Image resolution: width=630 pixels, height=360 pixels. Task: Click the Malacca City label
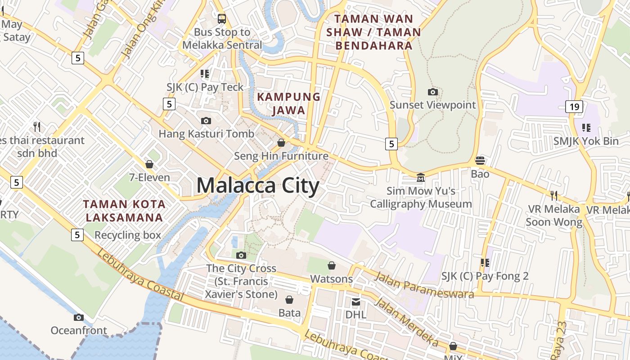coord(258,186)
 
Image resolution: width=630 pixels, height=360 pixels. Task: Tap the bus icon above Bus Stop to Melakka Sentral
coord(222,18)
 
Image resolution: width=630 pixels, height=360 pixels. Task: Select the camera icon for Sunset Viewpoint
coord(432,92)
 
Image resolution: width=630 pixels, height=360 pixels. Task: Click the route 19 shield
coord(574,107)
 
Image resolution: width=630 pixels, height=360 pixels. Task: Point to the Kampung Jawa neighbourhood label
coord(288,103)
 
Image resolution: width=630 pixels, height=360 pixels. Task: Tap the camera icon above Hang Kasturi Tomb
coord(206,121)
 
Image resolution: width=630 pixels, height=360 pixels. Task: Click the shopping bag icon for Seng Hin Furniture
coord(281,143)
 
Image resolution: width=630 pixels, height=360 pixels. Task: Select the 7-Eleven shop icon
coord(149,164)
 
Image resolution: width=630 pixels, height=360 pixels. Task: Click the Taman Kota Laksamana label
coord(124,211)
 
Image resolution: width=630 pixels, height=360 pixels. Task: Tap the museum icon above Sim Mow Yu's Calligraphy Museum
coord(421,178)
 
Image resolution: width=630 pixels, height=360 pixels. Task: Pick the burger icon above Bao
coord(480,161)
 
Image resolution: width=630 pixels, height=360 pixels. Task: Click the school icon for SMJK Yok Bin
coord(586,128)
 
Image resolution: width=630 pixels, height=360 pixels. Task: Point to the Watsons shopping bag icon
coord(332,265)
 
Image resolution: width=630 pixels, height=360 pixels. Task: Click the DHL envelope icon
coord(356,301)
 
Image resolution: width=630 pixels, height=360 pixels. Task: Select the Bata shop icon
coord(289,299)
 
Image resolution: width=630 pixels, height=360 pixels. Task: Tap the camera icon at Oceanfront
coord(79,317)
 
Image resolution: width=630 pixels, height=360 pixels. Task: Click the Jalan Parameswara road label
coord(424,285)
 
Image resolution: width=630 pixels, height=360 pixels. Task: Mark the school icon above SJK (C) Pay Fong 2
coord(485,262)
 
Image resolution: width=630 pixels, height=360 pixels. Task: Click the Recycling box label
coord(128,235)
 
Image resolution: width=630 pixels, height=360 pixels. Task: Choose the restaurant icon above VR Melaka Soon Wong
coord(554,195)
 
